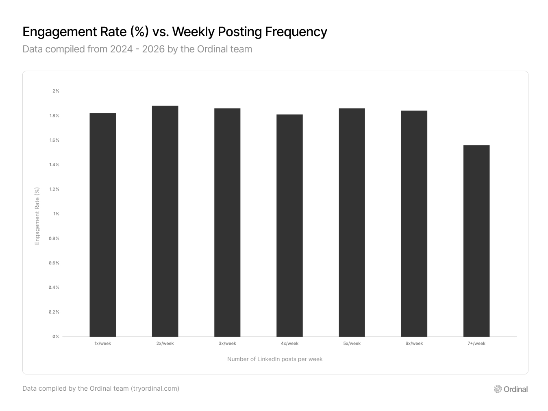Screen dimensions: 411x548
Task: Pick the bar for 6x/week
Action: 414,223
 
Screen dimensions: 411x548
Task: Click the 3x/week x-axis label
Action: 227,344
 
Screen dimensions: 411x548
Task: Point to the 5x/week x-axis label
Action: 352,344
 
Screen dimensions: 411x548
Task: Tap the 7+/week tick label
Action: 476,344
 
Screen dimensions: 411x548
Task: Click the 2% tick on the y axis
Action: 56,91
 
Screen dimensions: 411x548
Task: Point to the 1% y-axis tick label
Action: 56,214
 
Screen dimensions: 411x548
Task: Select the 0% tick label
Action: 56,337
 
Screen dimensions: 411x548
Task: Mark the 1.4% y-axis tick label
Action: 54,164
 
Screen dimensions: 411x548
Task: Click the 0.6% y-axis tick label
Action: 54,263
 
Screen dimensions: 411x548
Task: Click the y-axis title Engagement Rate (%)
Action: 37,216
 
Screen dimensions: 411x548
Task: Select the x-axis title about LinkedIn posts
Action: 275,359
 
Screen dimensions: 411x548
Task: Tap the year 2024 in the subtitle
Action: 122,49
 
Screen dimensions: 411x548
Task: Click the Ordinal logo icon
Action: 498,389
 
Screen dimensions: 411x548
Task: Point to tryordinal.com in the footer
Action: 155,389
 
